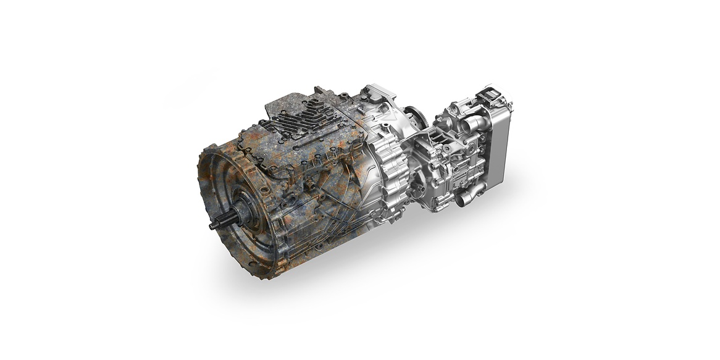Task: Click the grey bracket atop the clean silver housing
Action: tap(377, 96)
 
